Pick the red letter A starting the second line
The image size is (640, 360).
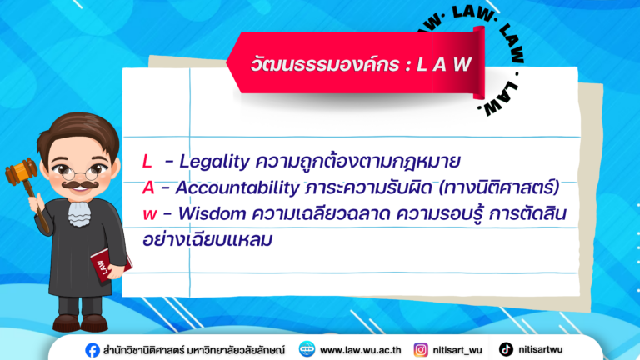click(148, 187)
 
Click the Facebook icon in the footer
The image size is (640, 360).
click(92, 349)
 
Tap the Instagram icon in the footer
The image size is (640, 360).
click(422, 349)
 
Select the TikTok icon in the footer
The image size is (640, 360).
click(506, 349)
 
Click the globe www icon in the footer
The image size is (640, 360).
click(307, 349)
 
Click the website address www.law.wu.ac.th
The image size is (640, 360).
click(360, 349)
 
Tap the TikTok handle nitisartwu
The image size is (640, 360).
click(539, 349)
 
